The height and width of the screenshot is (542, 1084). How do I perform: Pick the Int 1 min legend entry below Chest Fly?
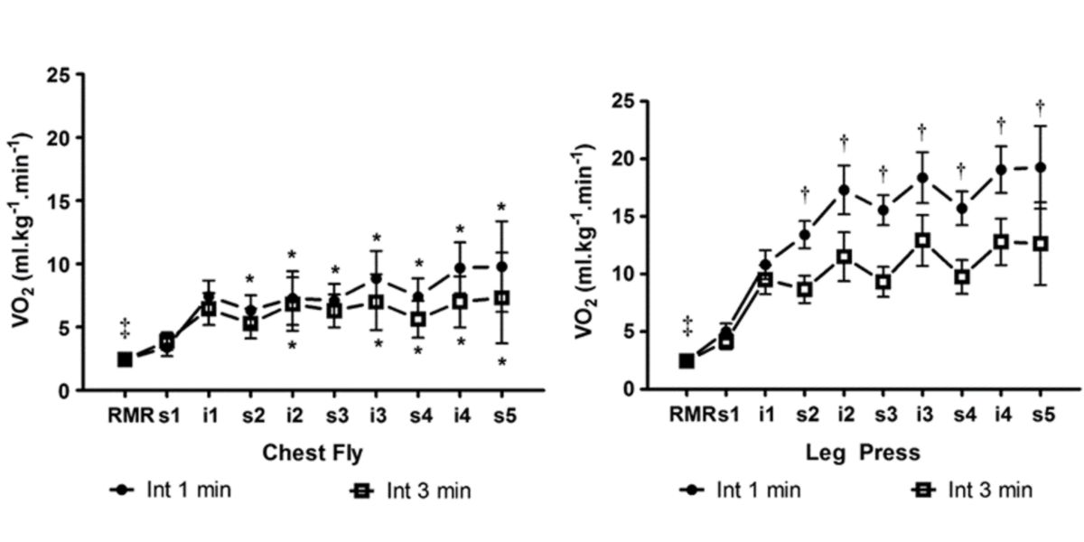pyautogui.click(x=171, y=491)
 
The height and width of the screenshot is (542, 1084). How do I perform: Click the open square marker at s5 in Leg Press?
pyautogui.click(x=1040, y=244)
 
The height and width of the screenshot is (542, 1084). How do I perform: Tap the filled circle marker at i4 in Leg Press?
pyautogui.click(x=1001, y=169)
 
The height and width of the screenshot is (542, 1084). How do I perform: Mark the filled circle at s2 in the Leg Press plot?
pyautogui.click(x=804, y=235)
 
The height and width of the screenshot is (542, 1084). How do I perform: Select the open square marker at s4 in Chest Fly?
pyautogui.click(x=417, y=319)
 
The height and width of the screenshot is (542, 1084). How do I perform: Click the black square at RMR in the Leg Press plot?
pyautogui.click(x=687, y=360)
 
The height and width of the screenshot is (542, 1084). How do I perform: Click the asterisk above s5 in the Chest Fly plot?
pyautogui.click(x=502, y=207)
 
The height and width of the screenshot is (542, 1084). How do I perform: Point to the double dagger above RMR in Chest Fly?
pyautogui.click(x=125, y=327)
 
